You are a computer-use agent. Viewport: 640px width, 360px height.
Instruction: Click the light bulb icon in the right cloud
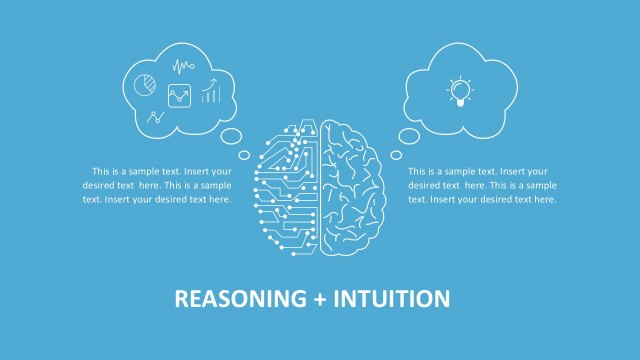click(460, 91)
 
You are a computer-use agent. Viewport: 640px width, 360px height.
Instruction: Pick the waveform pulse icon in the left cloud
click(183, 68)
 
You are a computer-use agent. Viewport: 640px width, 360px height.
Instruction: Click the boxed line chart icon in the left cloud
click(181, 96)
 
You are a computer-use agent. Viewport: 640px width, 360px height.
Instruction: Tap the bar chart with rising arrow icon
click(211, 94)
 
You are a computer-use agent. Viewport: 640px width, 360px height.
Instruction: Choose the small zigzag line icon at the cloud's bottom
click(155, 118)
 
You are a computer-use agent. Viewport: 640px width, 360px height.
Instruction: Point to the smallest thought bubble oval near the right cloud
click(396, 155)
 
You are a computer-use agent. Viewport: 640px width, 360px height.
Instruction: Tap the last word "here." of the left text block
click(219, 199)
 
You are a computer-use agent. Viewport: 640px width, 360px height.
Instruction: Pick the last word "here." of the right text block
click(545, 199)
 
